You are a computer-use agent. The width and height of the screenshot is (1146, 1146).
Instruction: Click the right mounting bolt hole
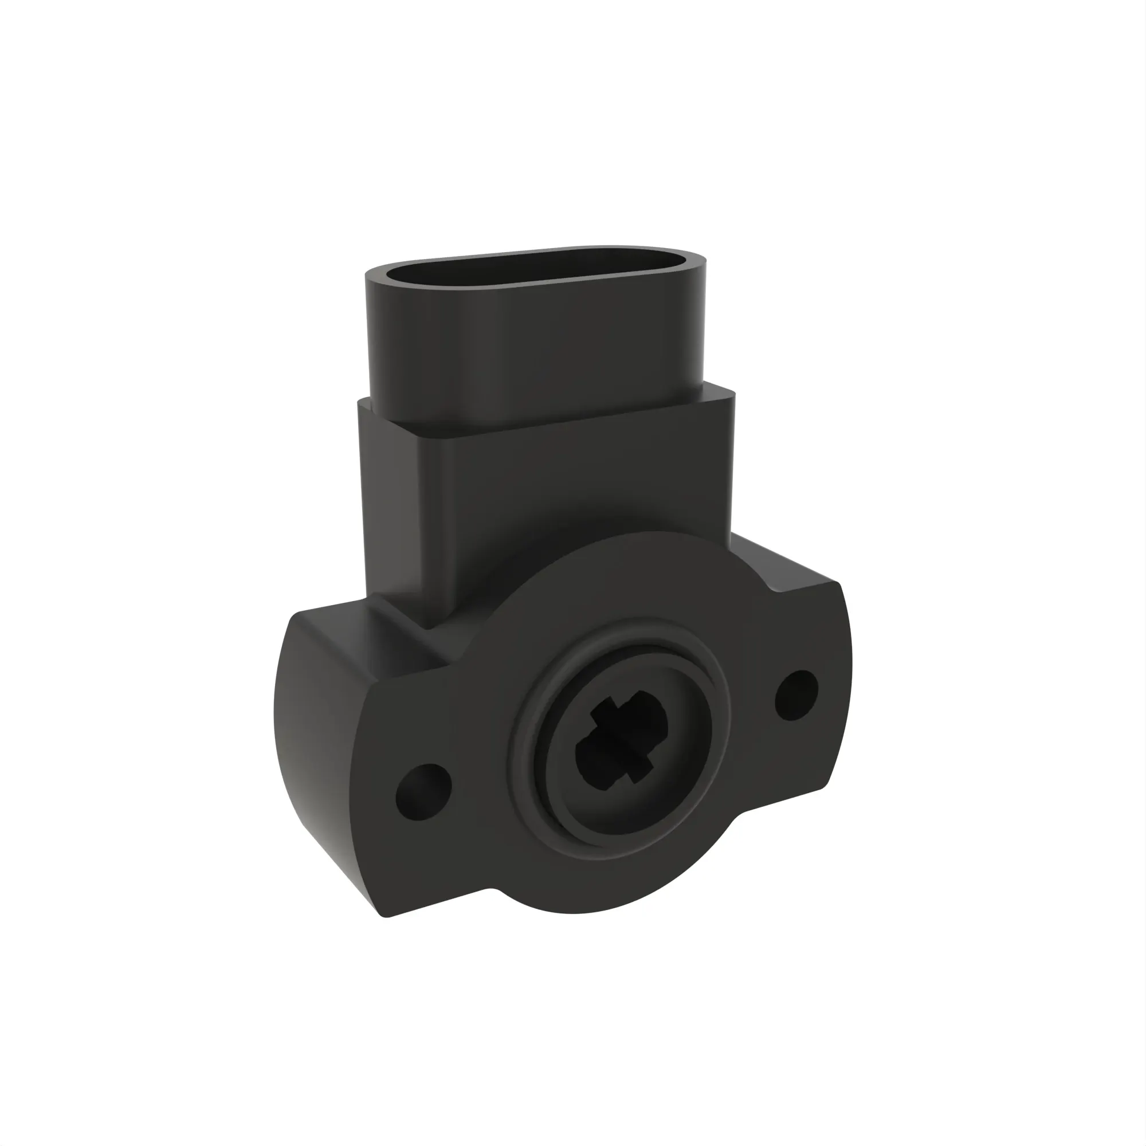pyautogui.click(x=796, y=695)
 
